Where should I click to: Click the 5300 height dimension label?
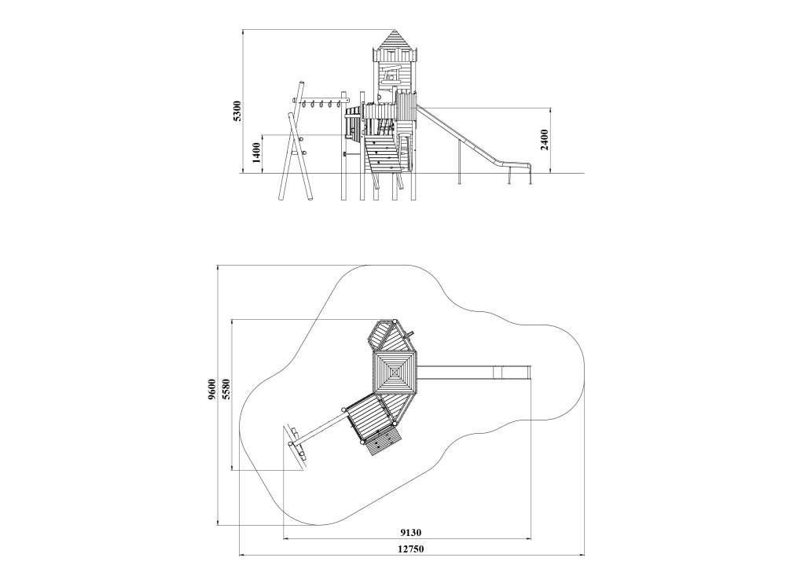pyautogui.click(x=237, y=111)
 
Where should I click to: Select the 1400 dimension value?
pyautogui.click(x=256, y=152)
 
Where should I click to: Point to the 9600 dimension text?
pyautogui.click(x=211, y=389)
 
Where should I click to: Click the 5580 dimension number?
pyautogui.click(x=226, y=389)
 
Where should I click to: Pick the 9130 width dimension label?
pyautogui.click(x=410, y=532)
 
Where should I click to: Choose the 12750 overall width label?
pyautogui.click(x=411, y=549)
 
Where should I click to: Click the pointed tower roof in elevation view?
pyautogui.click(x=395, y=39)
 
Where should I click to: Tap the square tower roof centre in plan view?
pyautogui.click(x=395, y=373)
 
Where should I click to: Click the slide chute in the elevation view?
pyautogui.click(x=471, y=138)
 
